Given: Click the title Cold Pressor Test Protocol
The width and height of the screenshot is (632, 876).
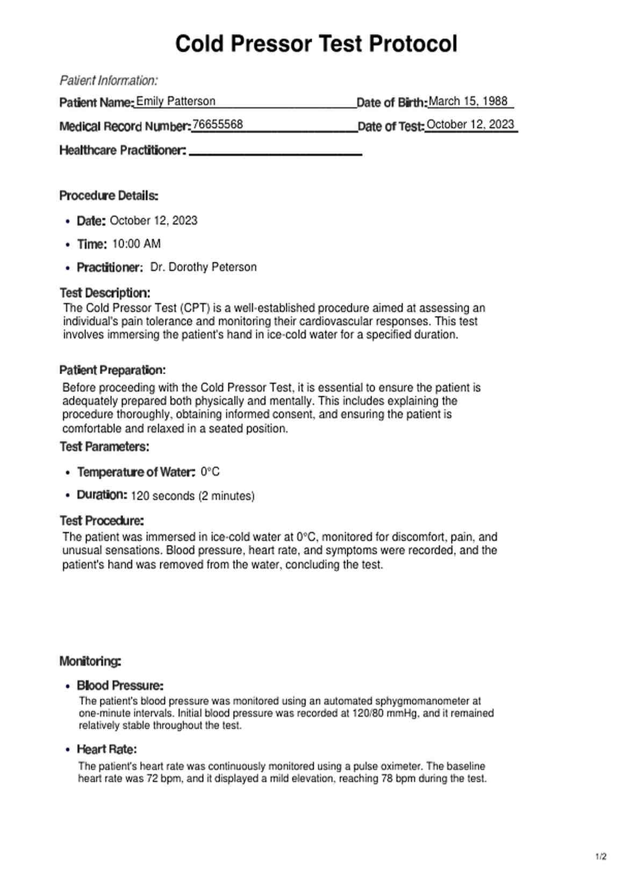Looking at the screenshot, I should point(316,44).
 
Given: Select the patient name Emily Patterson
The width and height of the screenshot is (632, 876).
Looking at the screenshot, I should point(176,101).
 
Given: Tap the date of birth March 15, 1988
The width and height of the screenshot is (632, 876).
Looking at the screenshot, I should point(468,101).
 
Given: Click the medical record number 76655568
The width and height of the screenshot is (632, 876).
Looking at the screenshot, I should point(218,125).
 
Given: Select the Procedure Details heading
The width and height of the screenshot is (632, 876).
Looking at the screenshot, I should point(109,196).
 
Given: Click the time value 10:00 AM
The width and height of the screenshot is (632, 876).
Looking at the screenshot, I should point(137,244).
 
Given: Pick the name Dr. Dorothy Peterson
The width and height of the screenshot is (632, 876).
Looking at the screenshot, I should point(203,267).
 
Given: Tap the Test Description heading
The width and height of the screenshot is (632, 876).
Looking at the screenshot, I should point(105,293).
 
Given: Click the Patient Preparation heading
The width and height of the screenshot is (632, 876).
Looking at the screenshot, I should point(112,370).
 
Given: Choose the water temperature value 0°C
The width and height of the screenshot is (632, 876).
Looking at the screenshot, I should point(210,472).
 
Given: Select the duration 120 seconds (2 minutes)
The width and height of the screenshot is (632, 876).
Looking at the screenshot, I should point(192,496).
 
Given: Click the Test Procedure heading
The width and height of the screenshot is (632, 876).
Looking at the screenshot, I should point(102,521).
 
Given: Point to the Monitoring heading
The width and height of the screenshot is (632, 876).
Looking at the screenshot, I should point(90,661).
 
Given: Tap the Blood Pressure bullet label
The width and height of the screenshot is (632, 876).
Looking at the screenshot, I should point(120,686).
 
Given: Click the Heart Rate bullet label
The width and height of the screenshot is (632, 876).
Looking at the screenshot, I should point(106,749).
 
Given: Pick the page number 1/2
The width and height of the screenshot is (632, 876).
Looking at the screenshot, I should point(601,857).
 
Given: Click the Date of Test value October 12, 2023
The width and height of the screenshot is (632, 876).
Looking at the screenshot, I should point(470,125).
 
